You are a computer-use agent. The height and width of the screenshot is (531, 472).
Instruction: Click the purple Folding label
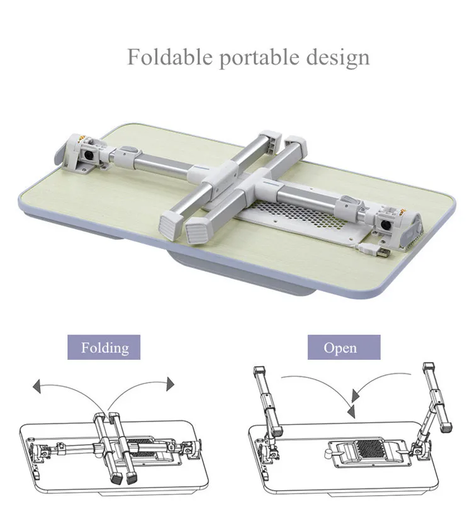tap(104, 347)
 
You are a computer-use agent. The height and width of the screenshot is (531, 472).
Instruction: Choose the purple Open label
tap(344, 347)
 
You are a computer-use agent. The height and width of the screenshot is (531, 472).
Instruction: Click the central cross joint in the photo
tap(225, 180)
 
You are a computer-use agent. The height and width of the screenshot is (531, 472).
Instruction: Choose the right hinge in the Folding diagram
tap(187, 449)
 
